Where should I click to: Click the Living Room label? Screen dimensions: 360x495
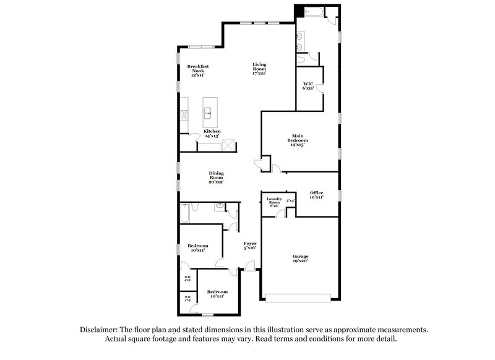(x=259, y=69)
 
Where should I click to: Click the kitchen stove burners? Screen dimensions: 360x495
(x=183, y=114)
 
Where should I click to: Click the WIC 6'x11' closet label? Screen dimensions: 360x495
(x=308, y=85)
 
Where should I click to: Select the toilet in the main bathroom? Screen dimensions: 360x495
(x=301, y=59)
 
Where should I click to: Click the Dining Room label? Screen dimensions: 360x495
(x=216, y=178)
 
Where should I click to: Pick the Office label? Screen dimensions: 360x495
(x=316, y=195)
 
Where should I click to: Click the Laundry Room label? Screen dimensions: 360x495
(x=273, y=202)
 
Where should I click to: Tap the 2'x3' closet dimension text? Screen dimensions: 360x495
(x=290, y=201)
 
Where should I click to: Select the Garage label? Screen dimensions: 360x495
(x=300, y=259)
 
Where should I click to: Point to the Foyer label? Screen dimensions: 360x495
(x=250, y=246)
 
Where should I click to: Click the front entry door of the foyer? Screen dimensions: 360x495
(x=249, y=267)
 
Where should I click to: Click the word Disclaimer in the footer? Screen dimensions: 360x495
(x=101, y=330)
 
